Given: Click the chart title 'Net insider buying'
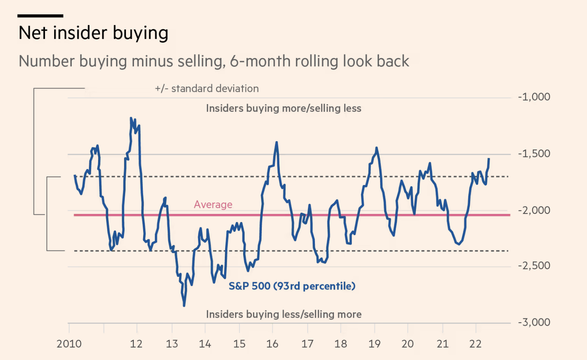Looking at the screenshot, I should click(x=94, y=33).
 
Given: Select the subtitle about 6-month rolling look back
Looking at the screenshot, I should click(x=214, y=61).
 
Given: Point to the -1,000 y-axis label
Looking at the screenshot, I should click(x=534, y=97).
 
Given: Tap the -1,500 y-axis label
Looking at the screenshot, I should click(x=534, y=154).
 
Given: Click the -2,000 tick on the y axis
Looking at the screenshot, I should click(x=534, y=210).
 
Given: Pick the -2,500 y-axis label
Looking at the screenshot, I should click(x=534, y=266).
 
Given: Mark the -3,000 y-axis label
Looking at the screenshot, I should click(x=534, y=322).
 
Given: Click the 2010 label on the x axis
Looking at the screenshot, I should click(x=69, y=344).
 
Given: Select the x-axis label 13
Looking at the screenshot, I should click(x=172, y=344).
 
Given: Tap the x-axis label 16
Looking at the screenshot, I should click(x=272, y=344).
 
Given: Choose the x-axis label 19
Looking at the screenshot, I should click(x=374, y=344).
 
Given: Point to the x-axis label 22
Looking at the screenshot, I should click(x=475, y=344).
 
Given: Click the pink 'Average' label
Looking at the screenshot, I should click(x=213, y=205).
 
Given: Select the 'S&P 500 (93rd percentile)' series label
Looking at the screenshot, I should click(x=292, y=286).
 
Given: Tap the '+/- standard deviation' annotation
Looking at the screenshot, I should click(x=206, y=89).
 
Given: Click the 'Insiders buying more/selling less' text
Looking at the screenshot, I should click(x=284, y=108).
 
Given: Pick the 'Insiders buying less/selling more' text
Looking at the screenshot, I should click(x=284, y=314).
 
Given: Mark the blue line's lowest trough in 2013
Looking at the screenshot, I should click(x=184, y=305).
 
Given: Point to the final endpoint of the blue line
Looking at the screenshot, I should click(x=489, y=159).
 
